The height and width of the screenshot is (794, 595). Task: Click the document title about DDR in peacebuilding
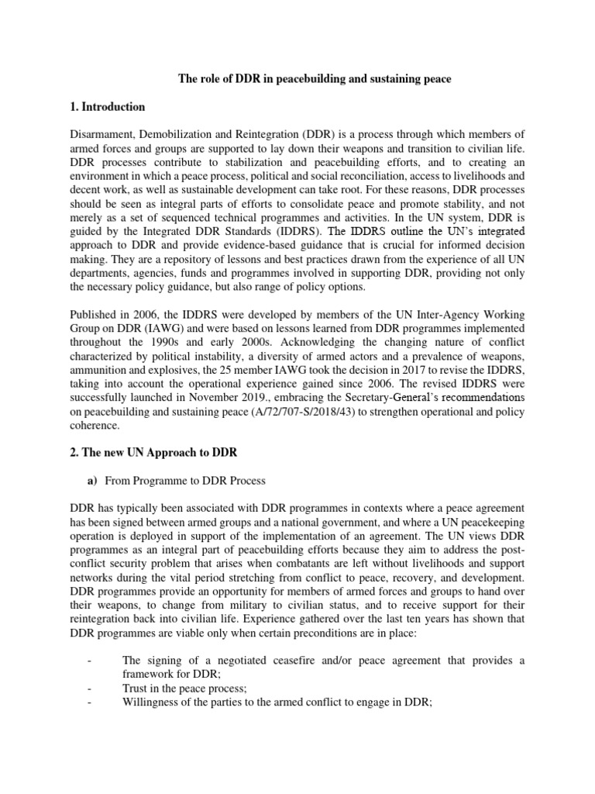coord(297,78)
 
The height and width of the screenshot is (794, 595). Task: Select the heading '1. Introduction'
coord(112,107)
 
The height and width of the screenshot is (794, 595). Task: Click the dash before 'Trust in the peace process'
coord(91,669)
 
